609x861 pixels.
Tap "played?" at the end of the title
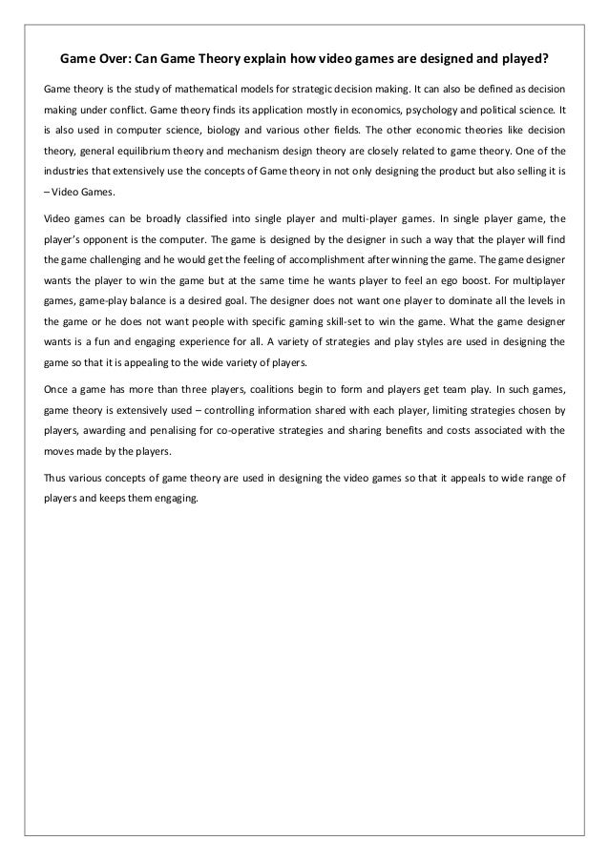pos(522,56)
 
